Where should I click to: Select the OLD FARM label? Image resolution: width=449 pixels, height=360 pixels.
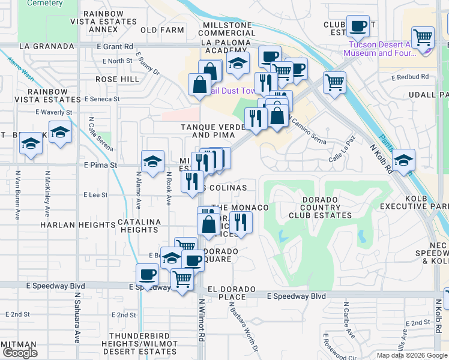pos(162,29)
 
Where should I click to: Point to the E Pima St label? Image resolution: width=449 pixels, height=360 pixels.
pos(101,164)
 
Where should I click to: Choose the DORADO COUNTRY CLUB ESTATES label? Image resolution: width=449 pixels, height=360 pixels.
pos(322,208)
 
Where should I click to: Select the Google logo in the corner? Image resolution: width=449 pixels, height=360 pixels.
pos(20,353)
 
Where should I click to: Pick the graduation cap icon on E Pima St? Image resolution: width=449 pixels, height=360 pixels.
pos(153,161)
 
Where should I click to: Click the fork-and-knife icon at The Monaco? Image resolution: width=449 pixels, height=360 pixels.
pos(241,222)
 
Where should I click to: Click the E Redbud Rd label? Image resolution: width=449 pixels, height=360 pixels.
pos(410,77)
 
